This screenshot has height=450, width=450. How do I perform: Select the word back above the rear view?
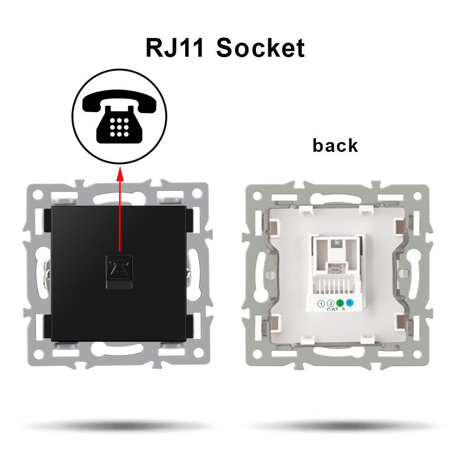(335, 145)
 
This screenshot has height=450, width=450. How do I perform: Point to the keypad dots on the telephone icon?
(120, 127)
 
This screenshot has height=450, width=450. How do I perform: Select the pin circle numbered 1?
(322, 304)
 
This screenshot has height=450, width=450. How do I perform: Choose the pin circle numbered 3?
(330, 304)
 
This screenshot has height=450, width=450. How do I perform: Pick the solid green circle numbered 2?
(340, 304)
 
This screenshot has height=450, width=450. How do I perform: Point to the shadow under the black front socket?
(113, 426)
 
